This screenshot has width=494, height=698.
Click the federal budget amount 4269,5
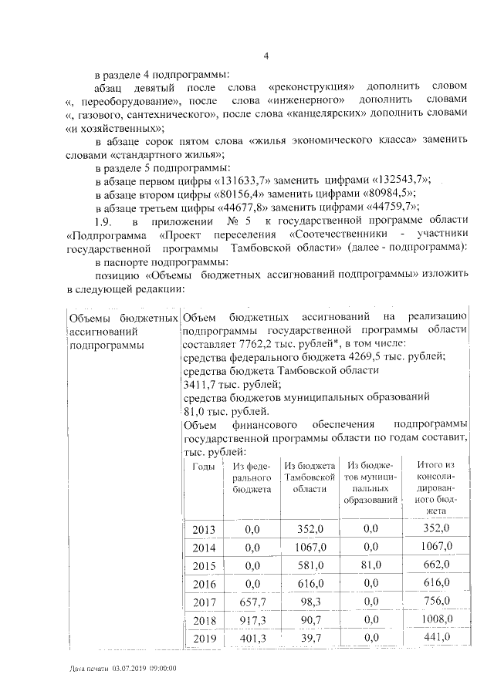(x=341, y=356)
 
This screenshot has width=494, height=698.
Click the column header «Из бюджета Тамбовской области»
(x=310, y=477)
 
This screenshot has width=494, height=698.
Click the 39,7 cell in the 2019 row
(x=311, y=638)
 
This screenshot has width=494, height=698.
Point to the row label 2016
(x=203, y=585)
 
